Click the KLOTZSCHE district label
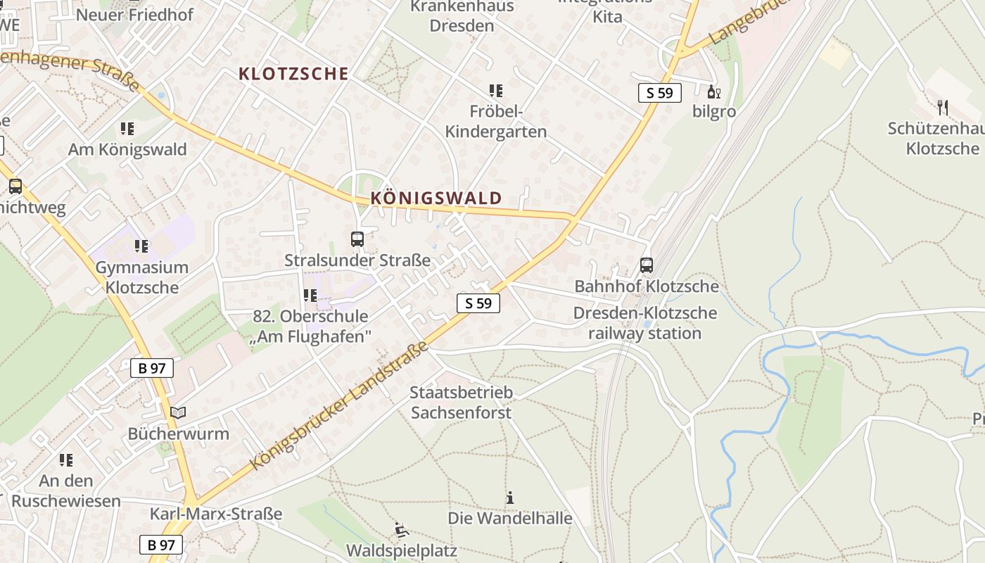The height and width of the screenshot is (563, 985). (x=293, y=74)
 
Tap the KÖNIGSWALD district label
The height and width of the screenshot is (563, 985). (x=436, y=198)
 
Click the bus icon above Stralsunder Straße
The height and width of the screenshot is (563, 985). (x=357, y=239)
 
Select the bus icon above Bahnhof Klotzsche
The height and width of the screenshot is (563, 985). (x=647, y=265)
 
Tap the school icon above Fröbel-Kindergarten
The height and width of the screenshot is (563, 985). (x=496, y=91)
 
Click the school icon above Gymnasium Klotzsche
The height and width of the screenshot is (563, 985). (x=141, y=246)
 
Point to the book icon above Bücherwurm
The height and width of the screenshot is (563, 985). (x=179, y=412)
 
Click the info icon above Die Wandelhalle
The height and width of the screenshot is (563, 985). (x=510, y=498)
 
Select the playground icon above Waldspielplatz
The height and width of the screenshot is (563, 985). (x=401, y=529)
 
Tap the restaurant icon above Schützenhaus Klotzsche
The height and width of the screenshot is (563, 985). (x=943, y=108)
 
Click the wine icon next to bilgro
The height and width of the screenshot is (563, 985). (x=714, y=91)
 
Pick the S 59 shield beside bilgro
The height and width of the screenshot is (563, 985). (x=660, y=92)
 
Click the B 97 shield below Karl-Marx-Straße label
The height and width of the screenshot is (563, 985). (x=161, y=545)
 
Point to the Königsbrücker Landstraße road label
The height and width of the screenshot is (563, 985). (x=340, y=406)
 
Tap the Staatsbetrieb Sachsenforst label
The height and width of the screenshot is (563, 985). (x=462, y=403)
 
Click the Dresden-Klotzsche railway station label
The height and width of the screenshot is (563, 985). (x=645, y=323)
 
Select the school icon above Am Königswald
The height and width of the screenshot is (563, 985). (x=127, y=129)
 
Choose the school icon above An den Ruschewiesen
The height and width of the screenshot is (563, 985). (x=66, y=460)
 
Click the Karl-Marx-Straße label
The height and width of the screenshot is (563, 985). (x=216, y=514)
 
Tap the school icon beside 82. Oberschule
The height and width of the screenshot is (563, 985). (x=310, y=296)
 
